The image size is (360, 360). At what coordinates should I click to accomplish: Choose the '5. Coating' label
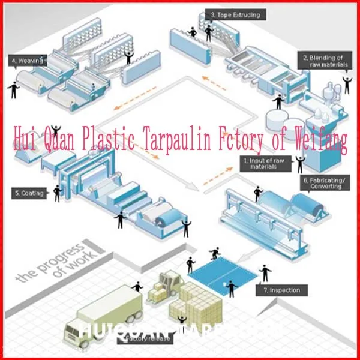click(28, 193)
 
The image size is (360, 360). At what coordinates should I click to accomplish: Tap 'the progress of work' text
click(54, 261)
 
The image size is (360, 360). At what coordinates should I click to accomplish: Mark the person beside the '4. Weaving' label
click(13, 89)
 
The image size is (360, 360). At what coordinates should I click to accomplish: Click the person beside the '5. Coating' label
click(58, 192)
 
